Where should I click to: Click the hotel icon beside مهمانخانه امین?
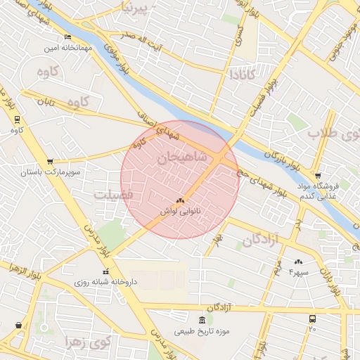point(67,37)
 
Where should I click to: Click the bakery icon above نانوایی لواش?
point(181,201)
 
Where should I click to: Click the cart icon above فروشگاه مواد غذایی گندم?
point(318,176)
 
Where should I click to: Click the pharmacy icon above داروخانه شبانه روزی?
point(105,272)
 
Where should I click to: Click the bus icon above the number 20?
point(312,319)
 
